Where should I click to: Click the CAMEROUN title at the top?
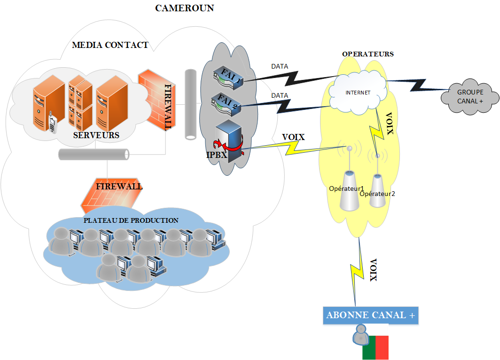click(x=185, y=8)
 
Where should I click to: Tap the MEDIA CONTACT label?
click(x=110, y=45)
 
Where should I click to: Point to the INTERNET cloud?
click(x=358, y=93)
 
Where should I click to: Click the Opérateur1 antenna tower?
click(x=349, y=190)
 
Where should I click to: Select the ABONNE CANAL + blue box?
click(x=371, y=315)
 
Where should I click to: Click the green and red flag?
click(x=375, y=347)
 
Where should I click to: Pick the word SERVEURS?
click(x=96, y=135)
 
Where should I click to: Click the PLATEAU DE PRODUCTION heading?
click(x=131, y=220)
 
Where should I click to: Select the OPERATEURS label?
click(x=367, y=54)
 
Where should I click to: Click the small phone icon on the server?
click(x=53, y=124)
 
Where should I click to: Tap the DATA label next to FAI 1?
click(x=280, y=67)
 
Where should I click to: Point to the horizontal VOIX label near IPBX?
click(x=293, y=137)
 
